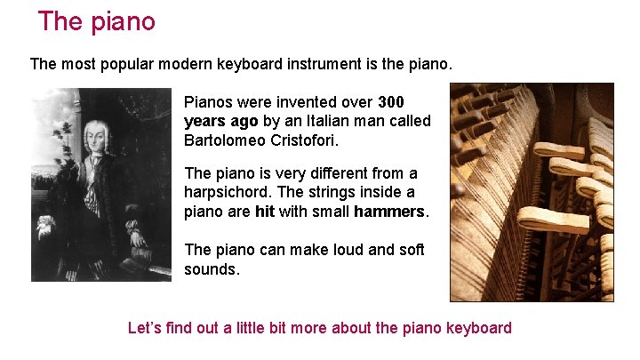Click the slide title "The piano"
click(97, 21)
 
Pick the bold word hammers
click(389, 212)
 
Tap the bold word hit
click(264, 212)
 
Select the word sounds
click(212, 269)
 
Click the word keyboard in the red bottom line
click(478, 328)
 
